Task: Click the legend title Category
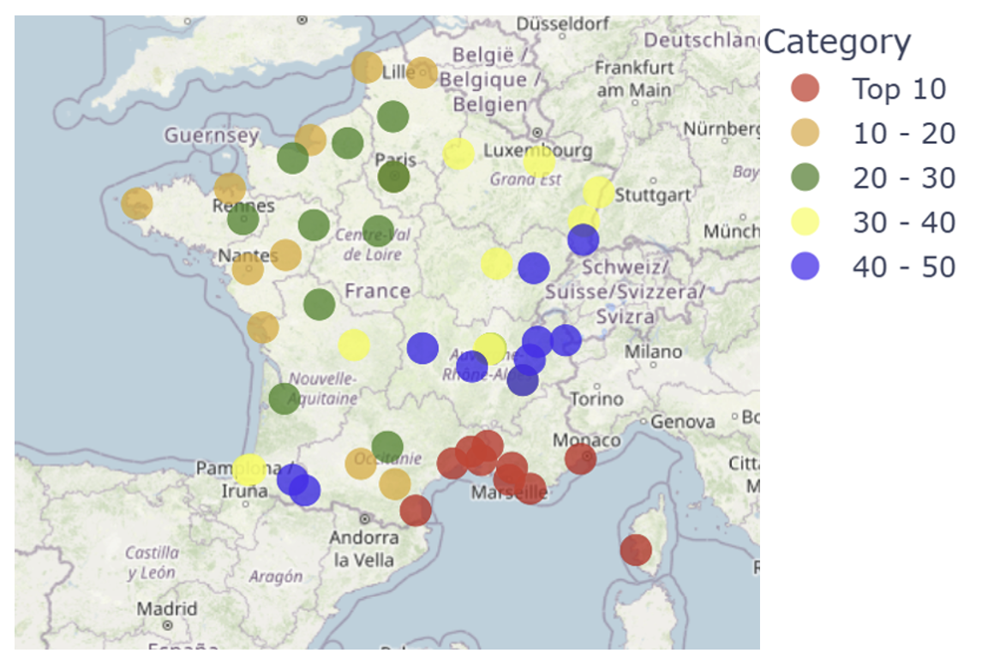point(836,42)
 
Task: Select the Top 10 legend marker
point(805,88)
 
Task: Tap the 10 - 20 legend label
point(903,133)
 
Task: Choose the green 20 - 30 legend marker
point(805,177)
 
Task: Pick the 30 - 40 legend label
point(903,222)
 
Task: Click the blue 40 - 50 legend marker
point(805,267)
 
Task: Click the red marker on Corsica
point(636,549)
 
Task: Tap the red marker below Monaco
point(580,458)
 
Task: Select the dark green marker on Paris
point(393,177)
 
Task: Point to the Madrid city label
point(167,609)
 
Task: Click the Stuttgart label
point(653,195)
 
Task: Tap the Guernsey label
point(211,135)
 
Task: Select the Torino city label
point(596,398)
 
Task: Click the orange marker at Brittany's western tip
point(137,204)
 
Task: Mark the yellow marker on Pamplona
point(248,470)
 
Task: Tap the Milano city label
point(653,351)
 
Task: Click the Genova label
point(683,422)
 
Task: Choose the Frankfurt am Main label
point(634,78)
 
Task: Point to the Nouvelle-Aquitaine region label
point(322,388)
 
